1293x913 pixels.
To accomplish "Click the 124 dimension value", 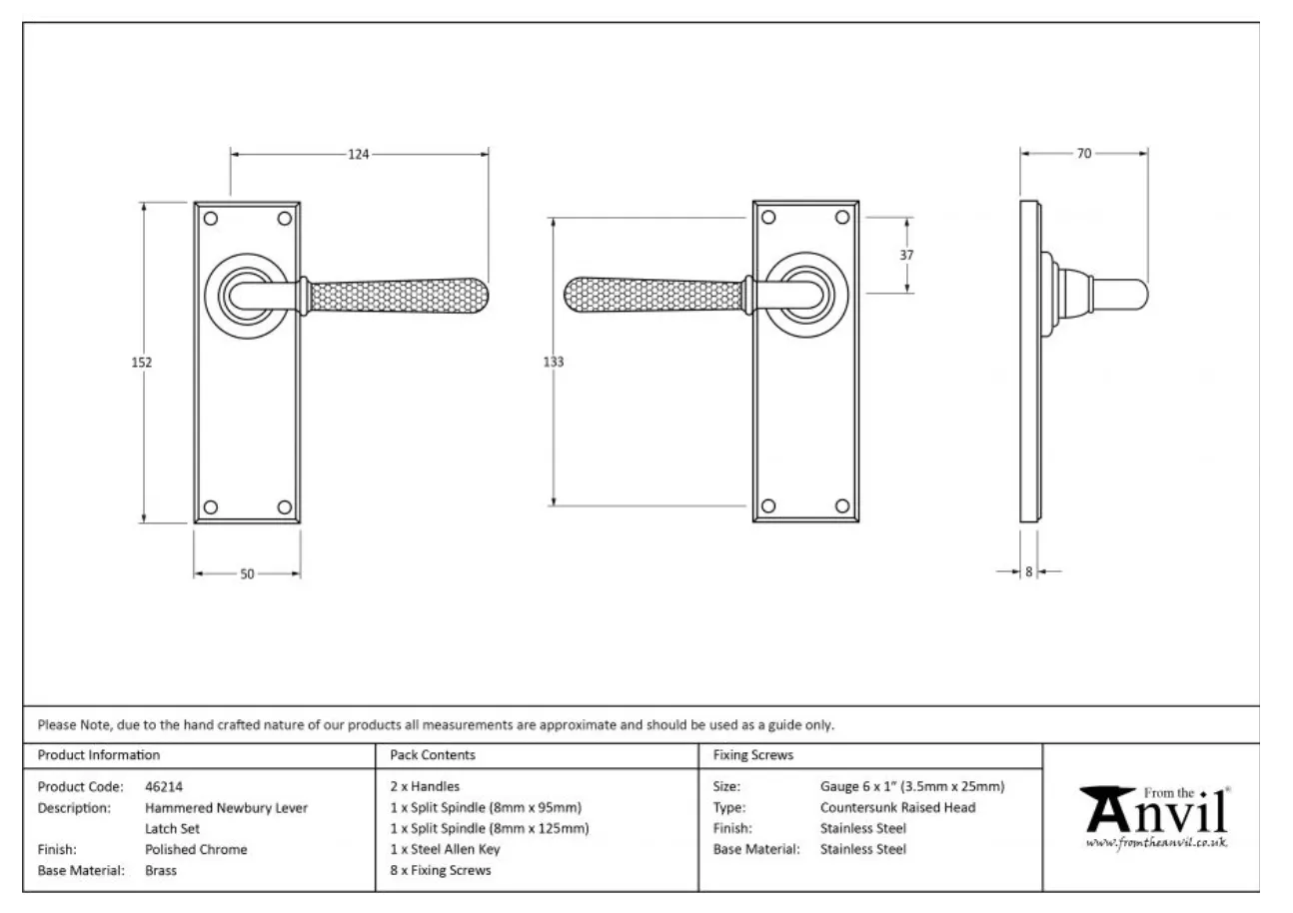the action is pos(359,155).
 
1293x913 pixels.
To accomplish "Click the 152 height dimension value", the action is pos(142,363).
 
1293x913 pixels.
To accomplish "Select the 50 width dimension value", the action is pos(247,574).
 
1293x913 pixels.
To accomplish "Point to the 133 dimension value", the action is pos(554,362).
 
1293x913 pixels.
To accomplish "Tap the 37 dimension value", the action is pos(907,255).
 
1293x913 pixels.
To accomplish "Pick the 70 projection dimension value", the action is pos(1084,154).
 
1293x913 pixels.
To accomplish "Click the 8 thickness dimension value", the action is pos(1028,572).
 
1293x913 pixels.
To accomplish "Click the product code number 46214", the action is pos(164,786).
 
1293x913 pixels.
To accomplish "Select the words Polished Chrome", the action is pos(196,849).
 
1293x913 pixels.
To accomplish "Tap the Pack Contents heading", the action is pos(433,755).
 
